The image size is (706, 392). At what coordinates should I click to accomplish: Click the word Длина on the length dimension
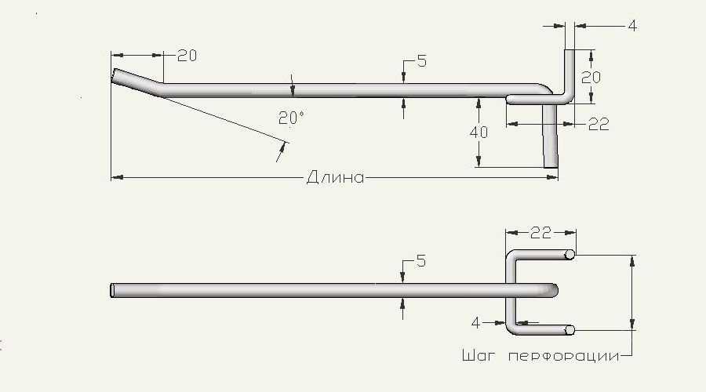click(336, 177)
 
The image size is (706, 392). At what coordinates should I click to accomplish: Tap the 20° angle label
click(291, 118)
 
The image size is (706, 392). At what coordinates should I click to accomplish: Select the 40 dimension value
click(479, 132)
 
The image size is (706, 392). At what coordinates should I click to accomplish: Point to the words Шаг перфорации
click(540, 356)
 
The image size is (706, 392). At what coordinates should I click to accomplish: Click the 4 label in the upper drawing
click(632, 26)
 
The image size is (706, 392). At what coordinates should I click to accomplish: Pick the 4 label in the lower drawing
click(475, 323)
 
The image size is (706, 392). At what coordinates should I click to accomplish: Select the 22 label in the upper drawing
click(599, 124)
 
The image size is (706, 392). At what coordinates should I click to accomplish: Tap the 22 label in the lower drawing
click(540, 233)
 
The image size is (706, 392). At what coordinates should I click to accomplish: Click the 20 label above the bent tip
click(187, 56)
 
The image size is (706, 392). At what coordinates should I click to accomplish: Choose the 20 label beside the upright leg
click(591, 78)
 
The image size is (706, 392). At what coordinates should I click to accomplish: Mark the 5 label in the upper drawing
click(422, 60)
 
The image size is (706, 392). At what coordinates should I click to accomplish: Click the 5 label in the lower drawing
click(421, 261)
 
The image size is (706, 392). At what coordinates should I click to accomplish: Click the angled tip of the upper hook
click(115, 75)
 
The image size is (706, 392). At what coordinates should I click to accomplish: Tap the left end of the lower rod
click(112, 290)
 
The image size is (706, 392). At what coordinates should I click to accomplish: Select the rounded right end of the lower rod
click(555, 290)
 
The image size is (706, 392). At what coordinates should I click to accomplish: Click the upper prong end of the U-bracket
click(570, 255)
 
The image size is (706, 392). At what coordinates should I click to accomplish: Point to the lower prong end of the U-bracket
click(570, 330)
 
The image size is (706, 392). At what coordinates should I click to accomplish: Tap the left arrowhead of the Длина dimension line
click(117, 177)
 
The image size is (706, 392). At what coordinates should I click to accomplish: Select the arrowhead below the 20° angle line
click(282, 148)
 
